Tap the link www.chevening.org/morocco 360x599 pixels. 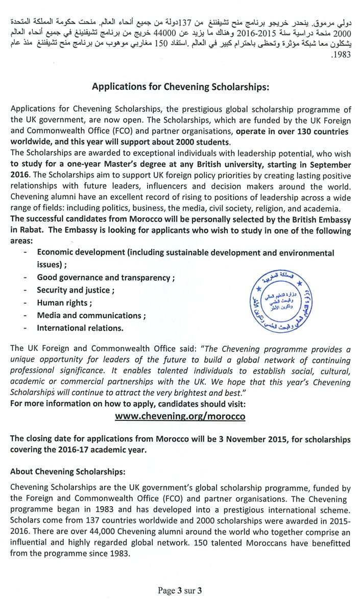[180, 416]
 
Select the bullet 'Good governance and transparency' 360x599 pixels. [106, 278]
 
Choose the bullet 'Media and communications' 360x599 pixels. [91, 315]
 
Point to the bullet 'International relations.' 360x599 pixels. [80, 328]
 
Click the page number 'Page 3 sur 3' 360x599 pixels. [180, 591]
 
